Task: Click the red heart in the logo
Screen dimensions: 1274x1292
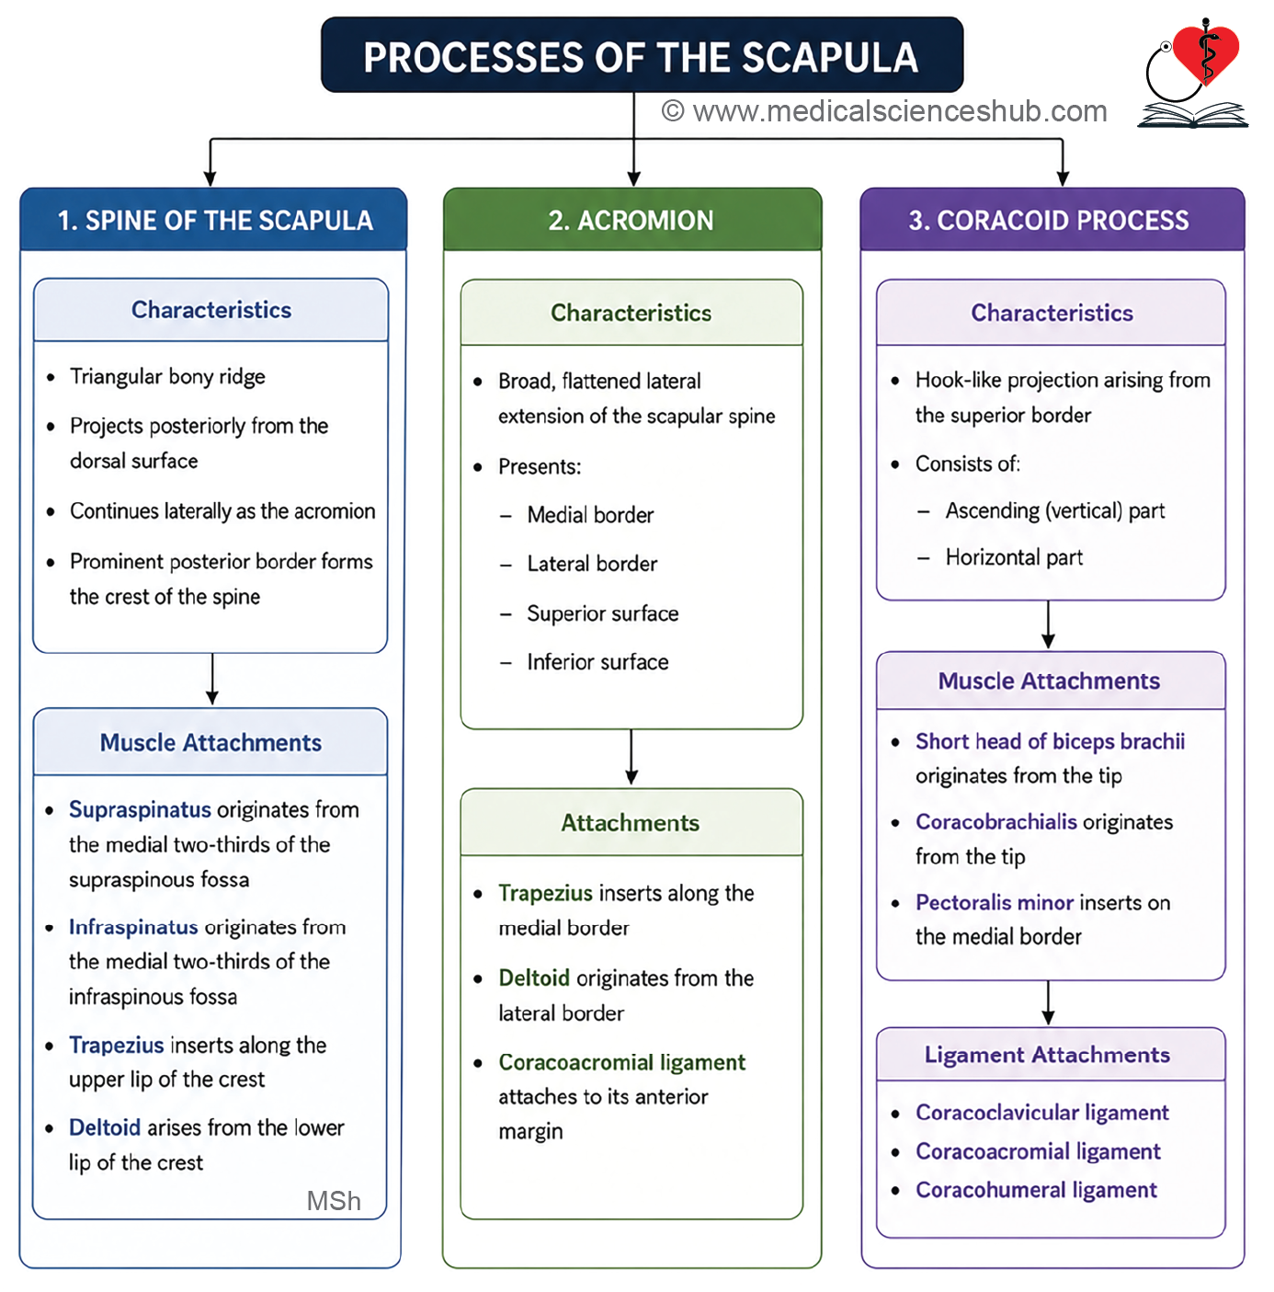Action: point(1206,53)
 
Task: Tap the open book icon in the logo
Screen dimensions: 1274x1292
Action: point(1193,114)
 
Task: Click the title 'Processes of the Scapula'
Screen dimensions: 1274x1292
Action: point(641,57)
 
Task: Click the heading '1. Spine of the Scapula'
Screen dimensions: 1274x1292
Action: point(214,221)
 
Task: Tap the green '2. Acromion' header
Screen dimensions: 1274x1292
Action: point(631,221)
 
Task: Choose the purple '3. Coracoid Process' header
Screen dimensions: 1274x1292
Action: point(1049,221)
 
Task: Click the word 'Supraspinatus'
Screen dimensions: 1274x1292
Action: point(140,810)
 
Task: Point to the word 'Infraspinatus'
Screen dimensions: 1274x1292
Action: point(133,927)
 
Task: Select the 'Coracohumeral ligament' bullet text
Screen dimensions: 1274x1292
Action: point(1036,1190)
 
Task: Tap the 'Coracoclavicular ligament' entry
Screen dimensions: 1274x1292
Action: point(1042,1113)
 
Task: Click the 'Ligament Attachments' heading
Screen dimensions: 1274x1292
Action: point(1047,1055)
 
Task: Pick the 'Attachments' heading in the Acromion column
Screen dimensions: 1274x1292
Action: point(631,823)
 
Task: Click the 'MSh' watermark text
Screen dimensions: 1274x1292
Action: point(334,1201)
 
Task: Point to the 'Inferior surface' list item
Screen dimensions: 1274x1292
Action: point(597,662)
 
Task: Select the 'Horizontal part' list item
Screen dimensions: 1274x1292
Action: point(1014,557)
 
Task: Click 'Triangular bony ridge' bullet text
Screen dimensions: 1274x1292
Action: point(167,377)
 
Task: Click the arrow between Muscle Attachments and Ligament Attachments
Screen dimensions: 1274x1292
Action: point(1049,1003)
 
